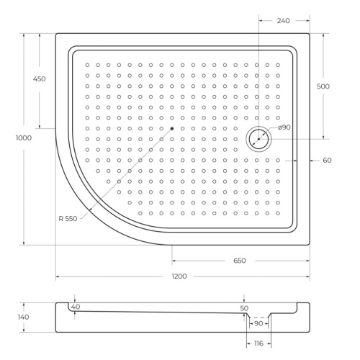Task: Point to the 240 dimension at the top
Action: (283, 21)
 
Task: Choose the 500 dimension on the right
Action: (323, 86)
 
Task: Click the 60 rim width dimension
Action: (327, 160)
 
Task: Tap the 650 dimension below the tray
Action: (239, 260)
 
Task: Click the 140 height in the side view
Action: (23, 317)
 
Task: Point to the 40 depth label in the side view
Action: (76, 307)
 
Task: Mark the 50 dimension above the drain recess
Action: (244, 308)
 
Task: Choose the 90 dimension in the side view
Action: (258, 323)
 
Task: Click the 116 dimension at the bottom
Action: (258, 343)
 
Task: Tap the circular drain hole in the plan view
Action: (258, 138)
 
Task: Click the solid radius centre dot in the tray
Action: (172, 129)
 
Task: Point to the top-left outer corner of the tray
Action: (56, 32)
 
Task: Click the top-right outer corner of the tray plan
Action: (310, 32)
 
